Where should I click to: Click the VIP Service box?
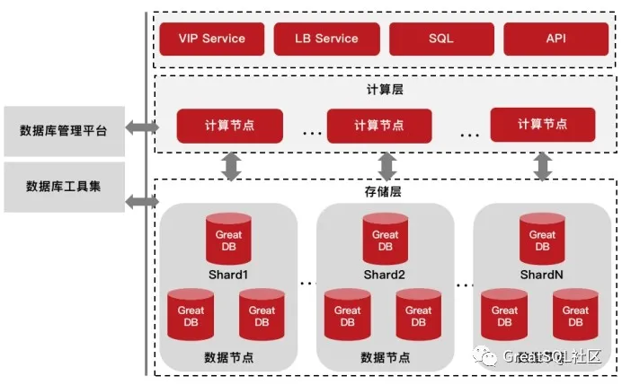pos(212,39)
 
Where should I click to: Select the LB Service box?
pos(326,39)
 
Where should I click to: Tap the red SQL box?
pos(441,39)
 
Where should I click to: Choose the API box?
pos(555,39)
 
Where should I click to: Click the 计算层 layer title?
pos(385,90)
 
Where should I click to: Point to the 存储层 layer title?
pos(383,192)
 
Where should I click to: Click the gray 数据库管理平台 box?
pos(64,131)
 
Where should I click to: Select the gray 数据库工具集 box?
pos(64,187)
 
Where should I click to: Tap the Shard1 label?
pos(228,275)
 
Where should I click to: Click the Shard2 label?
pos(385,275)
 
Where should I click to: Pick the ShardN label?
pos(541,275)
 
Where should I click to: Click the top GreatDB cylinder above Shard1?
pos(228,239)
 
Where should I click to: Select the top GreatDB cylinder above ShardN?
pos(542,239)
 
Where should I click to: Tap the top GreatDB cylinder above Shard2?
pos(386,239)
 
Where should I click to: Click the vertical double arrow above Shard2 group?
pos(387,166)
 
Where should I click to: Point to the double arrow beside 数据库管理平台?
pos(142,127)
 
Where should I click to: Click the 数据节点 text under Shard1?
pos(228,358)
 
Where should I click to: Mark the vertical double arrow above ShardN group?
pos(543,166)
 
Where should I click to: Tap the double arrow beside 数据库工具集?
pos(142,202)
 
